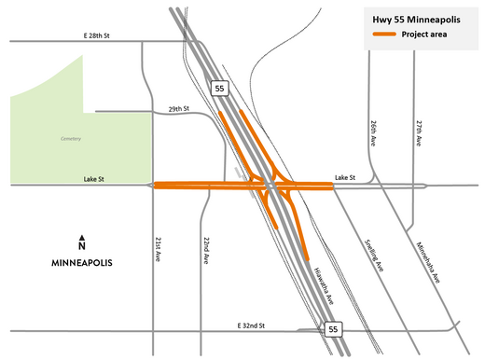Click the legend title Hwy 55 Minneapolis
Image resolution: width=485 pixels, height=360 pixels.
417,19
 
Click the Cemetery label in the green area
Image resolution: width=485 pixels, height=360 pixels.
70,139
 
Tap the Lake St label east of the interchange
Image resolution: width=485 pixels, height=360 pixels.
346,176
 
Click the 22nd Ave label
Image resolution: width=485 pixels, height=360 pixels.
203,247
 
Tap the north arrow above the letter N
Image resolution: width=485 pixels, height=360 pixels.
82,237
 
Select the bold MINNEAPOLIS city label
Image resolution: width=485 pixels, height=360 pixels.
82,264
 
